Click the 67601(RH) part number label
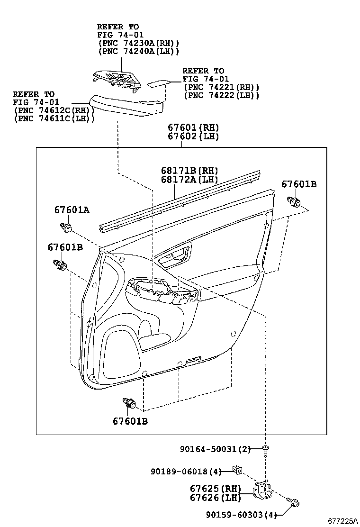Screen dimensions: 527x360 [194, 127]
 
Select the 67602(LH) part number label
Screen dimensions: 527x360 [194, 136]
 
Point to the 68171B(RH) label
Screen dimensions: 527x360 [189, 171]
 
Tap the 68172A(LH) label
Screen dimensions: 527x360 [189, 180]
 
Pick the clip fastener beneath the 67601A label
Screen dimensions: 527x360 [66, 227]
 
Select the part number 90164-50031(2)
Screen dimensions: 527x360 [215, 449]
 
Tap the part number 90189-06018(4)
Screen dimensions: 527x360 [186, 472]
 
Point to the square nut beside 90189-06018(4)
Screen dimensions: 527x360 [237, 470]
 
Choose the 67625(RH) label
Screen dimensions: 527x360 [216, 489]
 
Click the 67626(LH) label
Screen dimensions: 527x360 [216, 498]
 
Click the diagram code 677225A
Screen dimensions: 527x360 [343, 521]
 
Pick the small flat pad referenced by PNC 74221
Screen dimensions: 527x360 [158, 83]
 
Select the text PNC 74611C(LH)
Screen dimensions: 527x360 [54, 118]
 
